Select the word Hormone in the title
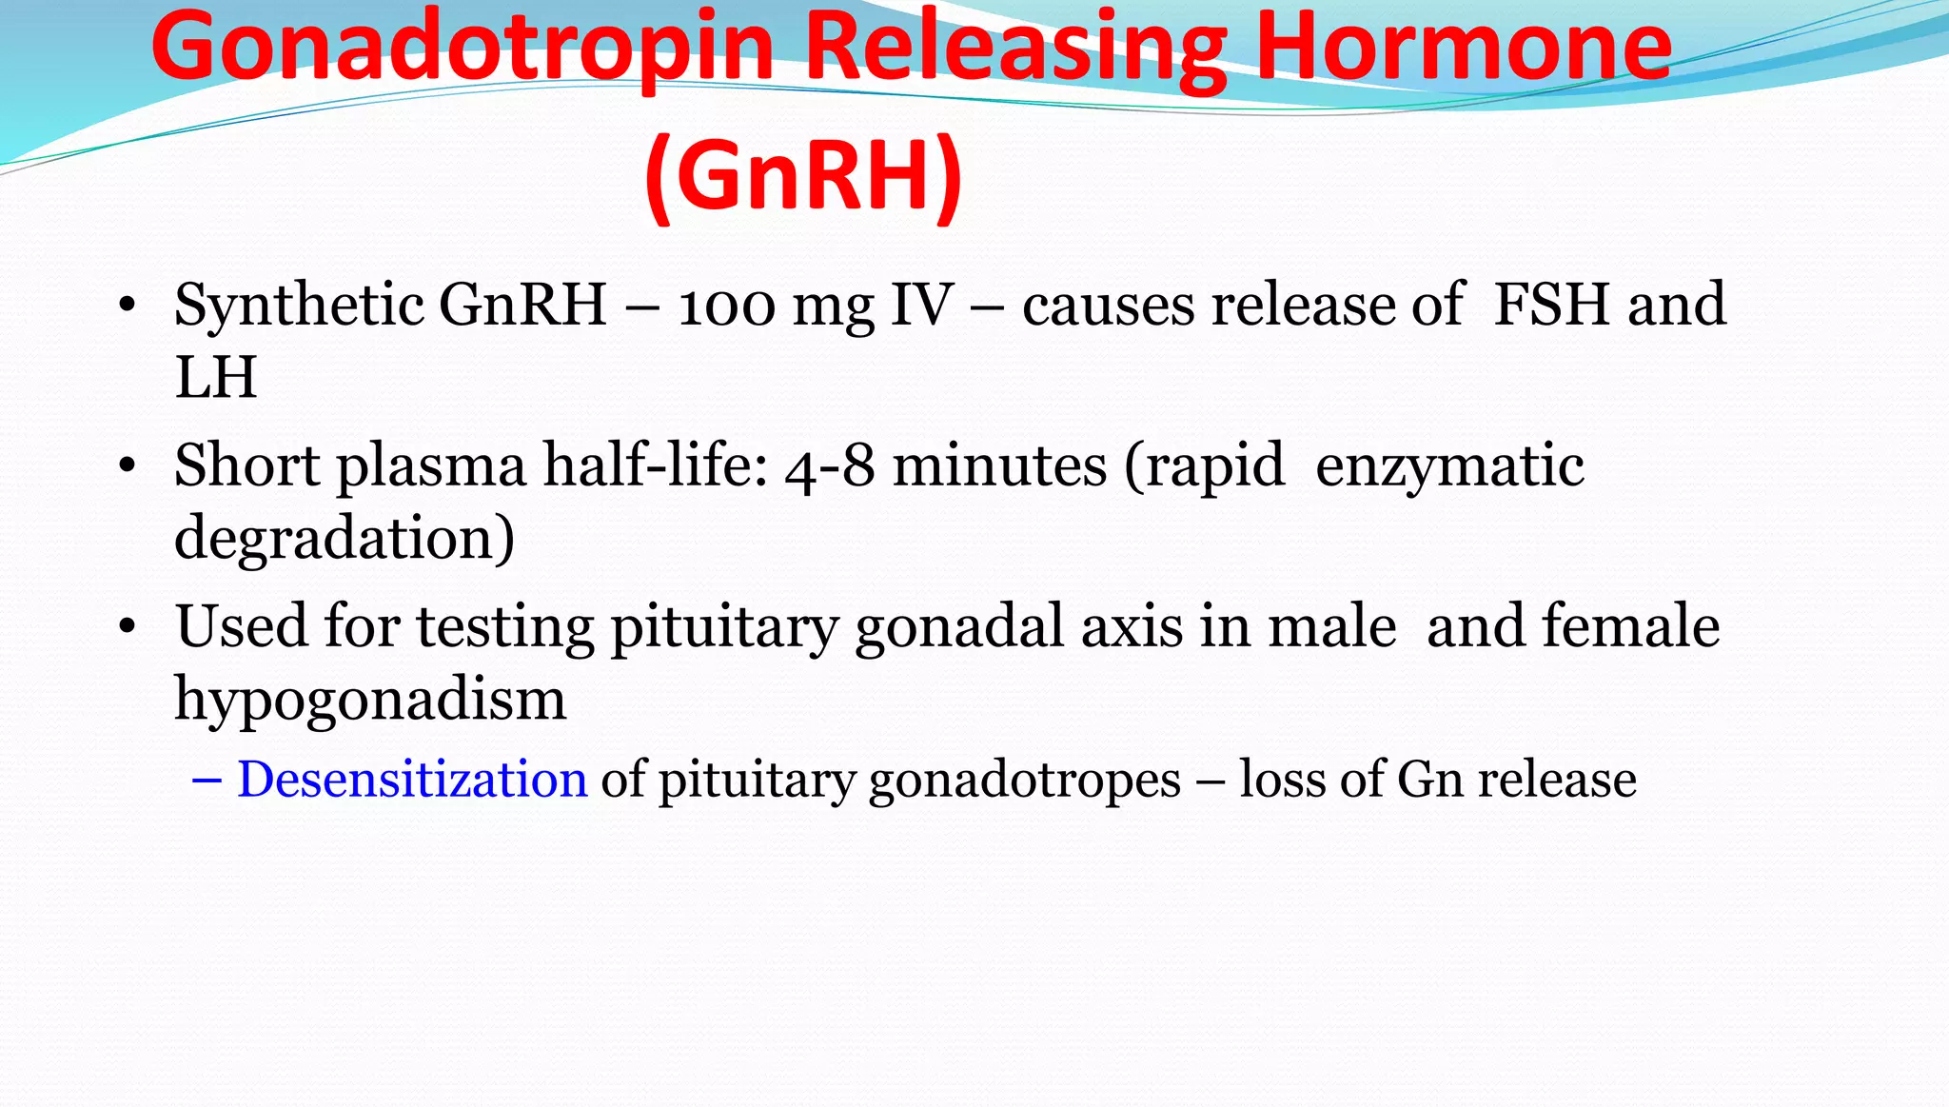tap(1463, 48)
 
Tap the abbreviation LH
tap(216, 378)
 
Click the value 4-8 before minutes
tap(830, 467)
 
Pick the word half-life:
tap(656, 465)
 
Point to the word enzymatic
tap(1449, 467)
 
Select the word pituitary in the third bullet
tap(724, 628)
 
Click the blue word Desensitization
tap(412, 780)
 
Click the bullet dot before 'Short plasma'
tap(128, 466)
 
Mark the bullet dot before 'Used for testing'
tap(128, 627)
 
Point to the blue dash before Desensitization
tap(207, 781)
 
